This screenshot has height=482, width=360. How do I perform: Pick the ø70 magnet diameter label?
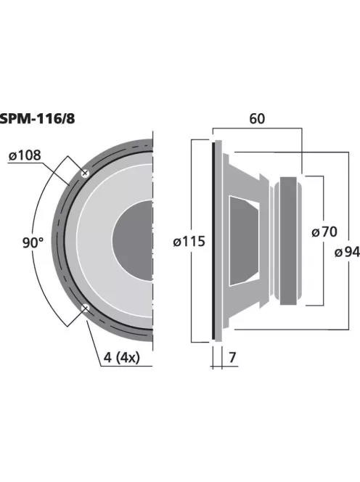[x=324, y=232]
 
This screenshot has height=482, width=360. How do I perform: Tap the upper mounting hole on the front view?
[x=86, y=173]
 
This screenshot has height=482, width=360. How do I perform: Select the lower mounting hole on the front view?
[x=86, y=309]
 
